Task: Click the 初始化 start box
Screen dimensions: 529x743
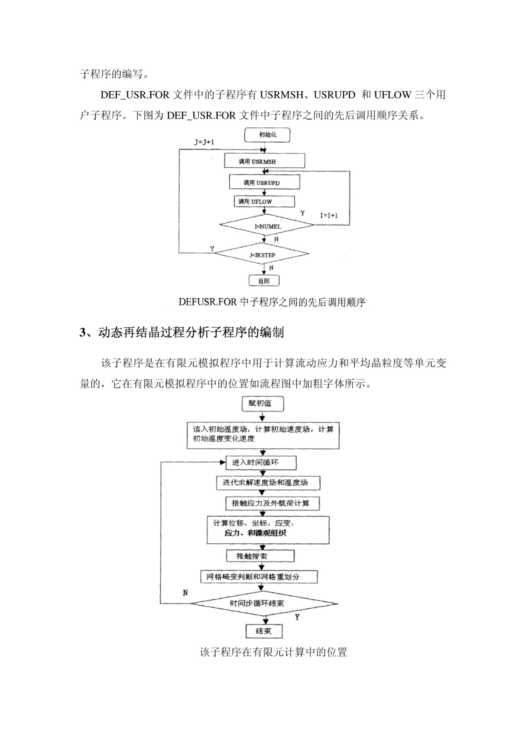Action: tap(267, 135)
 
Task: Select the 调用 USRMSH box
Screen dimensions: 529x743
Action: tap(264, 161)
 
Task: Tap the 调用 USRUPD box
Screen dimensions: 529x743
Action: tap(264, 182)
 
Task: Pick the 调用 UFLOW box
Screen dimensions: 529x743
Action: tap(264, 201)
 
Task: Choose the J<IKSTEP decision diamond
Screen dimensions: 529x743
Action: tap(261, 253)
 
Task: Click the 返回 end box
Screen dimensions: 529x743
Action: tap(264, 281)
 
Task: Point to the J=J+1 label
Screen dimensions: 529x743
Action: tap(204, 142)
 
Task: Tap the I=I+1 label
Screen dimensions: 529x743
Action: tap(329, 215)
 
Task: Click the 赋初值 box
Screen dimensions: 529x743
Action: tap(263, 404)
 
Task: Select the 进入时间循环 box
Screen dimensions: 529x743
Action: tap(261, 463)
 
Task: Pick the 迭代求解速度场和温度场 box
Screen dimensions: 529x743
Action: tap(268, 483)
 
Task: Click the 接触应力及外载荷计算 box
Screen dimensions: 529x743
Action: tap(273, 503)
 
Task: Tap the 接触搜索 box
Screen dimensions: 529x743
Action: tap(260, 556)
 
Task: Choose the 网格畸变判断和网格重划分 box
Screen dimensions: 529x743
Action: tap(259, 577)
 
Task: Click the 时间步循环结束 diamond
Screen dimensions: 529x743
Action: tap(264, 604)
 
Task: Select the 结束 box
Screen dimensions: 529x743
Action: tap(264, 631)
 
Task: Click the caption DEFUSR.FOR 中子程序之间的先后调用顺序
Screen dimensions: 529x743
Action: tap(272, 302)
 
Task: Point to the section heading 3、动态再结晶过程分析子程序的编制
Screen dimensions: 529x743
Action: tap(182, 332)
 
